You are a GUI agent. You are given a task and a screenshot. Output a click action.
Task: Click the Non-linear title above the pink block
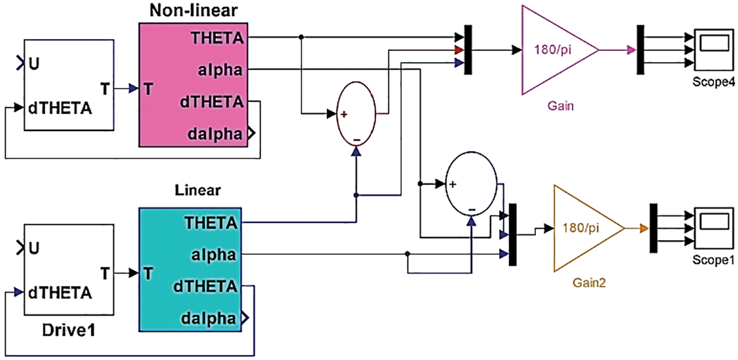[190, 11]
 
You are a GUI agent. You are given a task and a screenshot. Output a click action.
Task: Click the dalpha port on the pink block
[215, 133]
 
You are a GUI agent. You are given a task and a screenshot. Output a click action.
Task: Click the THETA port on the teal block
[211, 222]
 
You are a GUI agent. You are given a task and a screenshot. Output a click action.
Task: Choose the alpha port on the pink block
[220, 70]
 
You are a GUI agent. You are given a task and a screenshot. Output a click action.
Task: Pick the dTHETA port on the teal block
[206, 287]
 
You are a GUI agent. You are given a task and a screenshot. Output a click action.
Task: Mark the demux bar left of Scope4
[641, 50]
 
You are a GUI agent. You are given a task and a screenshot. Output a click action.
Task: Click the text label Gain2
[588, 283]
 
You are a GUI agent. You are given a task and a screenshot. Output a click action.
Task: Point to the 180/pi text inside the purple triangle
[553, 50]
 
